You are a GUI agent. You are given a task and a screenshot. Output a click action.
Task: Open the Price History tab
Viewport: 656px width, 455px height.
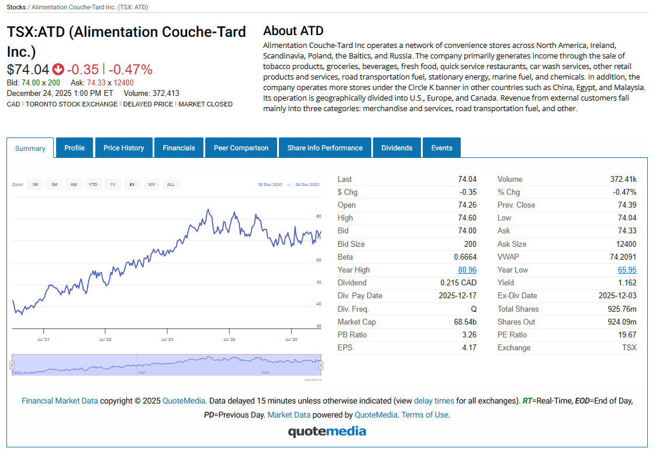pyautogui.click(x=123, y=148)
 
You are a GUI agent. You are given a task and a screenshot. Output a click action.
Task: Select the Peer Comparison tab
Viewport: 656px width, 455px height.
pyautogui.click(x=241, y=148)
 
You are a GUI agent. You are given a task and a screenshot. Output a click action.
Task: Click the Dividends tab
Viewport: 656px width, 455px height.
pyautogui.click(x=396, y=148)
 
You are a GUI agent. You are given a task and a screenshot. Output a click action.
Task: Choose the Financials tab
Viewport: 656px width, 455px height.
pyautogui.click(x=179, y=148)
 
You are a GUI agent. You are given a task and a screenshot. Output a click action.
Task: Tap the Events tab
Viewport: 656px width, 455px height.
pyautogui.click(x=441, y=148)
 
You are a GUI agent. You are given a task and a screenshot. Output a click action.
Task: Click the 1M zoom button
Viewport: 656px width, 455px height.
pyautogui.click(x=35, y=185)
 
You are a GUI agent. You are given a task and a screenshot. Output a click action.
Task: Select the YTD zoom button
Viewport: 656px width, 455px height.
pyautogui.click(x=93, y=185)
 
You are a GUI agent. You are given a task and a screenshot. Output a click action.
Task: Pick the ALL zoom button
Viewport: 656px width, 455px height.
pyautogui.click(x=171, y=185)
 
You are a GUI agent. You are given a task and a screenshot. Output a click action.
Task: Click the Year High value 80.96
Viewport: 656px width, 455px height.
pyautogui.click(x=467, y=270)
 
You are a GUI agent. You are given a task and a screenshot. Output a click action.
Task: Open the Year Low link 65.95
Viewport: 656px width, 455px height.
pyautogui.click(x=627, y=270)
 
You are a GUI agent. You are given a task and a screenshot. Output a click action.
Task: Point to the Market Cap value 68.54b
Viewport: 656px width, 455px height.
pyautogui.click(x=465, y=322)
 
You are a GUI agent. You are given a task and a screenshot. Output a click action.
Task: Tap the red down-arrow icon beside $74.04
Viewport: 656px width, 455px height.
pyautogui.click(x=58, y=70)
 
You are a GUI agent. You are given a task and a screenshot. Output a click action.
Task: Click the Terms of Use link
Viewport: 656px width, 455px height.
pyautogui.click(x=425, y=415)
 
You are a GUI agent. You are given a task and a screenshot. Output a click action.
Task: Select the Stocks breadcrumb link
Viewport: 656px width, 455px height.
pyautogui.click(x=16, y=7)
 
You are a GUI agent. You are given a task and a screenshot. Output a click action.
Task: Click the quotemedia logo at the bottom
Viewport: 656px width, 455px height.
pyautogui.click(x=327, y=432)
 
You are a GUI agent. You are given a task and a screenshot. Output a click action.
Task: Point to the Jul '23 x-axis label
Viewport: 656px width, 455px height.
pyautogui.click(x=167, y=339)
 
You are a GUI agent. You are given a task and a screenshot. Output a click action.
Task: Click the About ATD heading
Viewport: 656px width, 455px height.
pyautogui.click(x=293, y=31)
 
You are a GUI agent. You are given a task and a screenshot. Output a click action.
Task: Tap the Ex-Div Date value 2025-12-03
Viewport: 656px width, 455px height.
pyautogui.click(x=617, y=296)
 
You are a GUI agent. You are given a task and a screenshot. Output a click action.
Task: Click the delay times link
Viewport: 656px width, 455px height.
pyautogui.click(x=434, y=401)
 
